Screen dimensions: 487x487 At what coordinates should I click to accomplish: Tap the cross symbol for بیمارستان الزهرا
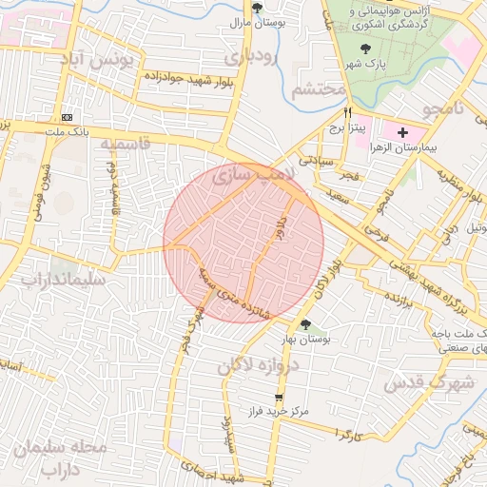[402, 132]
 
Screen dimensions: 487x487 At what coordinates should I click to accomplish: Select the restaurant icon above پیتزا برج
[335, 111]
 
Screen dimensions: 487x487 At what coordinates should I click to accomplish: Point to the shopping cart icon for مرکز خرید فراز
[279, 398]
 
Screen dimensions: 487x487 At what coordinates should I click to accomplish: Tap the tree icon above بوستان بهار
[305, 325]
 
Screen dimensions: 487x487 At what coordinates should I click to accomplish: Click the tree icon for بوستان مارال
[257, 8]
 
